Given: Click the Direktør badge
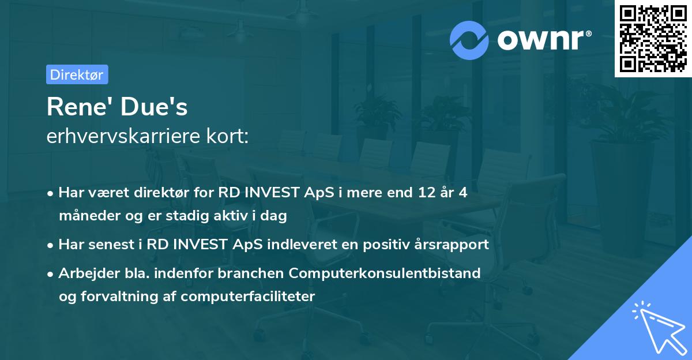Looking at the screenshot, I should (77, 74).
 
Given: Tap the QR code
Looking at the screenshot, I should (653, 39).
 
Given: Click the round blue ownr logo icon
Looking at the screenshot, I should (469, 40).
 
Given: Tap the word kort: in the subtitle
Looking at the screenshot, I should (229, 137).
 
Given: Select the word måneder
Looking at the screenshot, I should (85, 216).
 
